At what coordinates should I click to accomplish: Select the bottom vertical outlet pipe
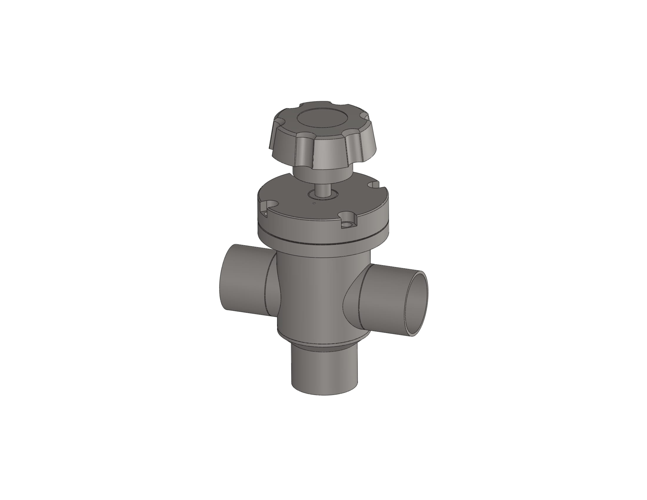pyautogui.click(x=324, y=373)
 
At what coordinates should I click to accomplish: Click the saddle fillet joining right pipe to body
pyautogui.click(x=353, y=299)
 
